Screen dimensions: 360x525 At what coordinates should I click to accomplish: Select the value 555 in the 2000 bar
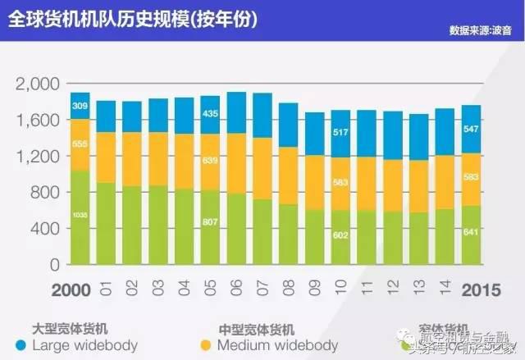(80, 144)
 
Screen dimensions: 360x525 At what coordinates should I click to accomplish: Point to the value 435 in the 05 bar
(211, 113)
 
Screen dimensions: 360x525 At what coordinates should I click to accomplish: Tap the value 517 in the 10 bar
(341, 132)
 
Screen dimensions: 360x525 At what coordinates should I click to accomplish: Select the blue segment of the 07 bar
(262, 115)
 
